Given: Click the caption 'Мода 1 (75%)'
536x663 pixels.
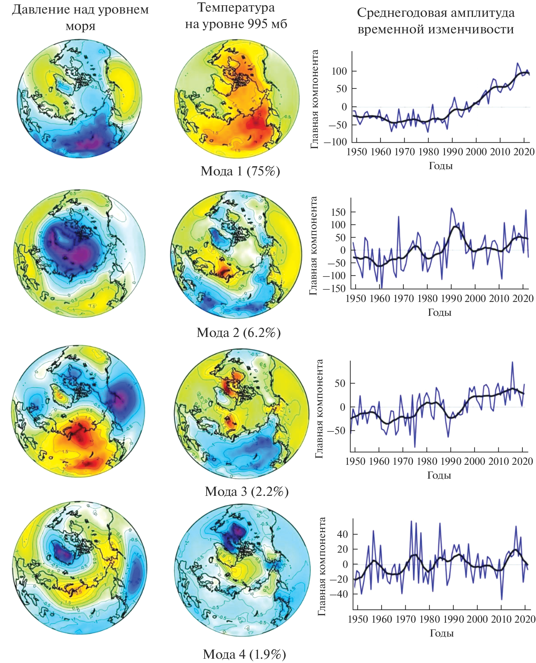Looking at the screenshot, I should [240, 171].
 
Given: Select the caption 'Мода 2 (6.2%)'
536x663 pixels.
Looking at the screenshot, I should [238, 332].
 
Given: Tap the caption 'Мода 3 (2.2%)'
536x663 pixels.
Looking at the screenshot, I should [247, 492].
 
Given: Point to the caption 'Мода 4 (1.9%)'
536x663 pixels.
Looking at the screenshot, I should [244, 654].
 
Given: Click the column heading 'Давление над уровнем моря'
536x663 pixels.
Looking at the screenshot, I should [81, 18].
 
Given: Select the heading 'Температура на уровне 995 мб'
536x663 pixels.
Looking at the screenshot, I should [236, 16].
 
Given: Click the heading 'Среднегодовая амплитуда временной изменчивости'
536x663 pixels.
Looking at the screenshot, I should [436, 21].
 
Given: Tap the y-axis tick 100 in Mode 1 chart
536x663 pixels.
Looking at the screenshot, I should [339, 71].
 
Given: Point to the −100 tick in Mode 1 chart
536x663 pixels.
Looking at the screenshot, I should [335, 142].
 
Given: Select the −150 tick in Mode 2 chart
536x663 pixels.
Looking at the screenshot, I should [334, 288].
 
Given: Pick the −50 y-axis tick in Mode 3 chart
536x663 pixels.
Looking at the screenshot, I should [336, 431].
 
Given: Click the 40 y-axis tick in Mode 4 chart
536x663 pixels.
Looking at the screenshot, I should [343, 534].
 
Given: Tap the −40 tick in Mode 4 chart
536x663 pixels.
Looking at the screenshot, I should [339, 594].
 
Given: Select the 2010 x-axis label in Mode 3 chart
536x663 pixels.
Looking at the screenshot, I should [498, 461].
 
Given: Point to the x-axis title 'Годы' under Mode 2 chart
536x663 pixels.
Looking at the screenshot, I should [440, 313].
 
